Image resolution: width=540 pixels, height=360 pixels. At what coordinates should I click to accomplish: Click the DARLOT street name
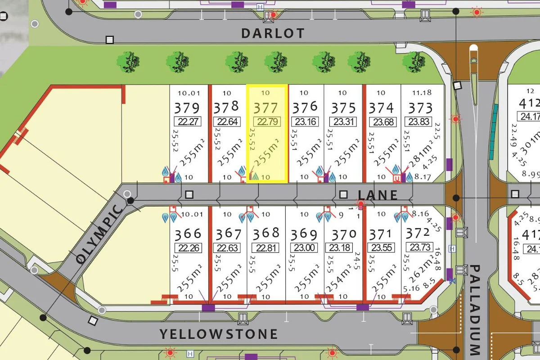(273, 33)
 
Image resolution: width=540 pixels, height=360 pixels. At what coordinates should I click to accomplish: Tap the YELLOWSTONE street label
(219, 334)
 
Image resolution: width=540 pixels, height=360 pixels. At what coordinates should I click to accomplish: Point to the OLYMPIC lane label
(99, 234)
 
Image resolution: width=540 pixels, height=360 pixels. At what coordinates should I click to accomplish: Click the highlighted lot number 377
(266, 108)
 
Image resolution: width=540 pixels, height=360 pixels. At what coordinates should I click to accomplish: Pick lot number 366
(189, 234)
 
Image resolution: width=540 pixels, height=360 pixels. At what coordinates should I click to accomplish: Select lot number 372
(418, 233)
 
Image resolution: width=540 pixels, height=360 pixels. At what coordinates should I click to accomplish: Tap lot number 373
(420, 108)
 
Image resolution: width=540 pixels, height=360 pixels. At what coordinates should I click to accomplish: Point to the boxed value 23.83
(419, 122)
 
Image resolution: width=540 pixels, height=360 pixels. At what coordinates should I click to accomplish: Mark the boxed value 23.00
(304, 248)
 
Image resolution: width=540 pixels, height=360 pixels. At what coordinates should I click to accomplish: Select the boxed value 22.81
(266, 248)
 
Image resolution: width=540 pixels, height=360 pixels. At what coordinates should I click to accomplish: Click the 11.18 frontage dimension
(422, 93)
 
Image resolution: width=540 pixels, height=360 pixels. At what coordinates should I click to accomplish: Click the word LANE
(378, 194)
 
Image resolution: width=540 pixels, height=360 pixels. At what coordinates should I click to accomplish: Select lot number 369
(304, 234)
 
